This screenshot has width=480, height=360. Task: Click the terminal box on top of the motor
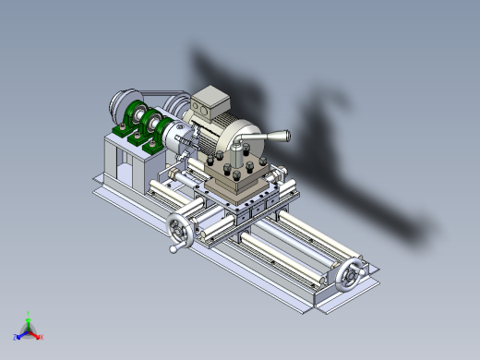[210, 101]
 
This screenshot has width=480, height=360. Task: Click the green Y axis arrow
[29, 320]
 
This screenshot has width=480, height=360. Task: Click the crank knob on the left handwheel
[173, 248]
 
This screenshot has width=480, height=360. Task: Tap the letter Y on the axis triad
[29, 313]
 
